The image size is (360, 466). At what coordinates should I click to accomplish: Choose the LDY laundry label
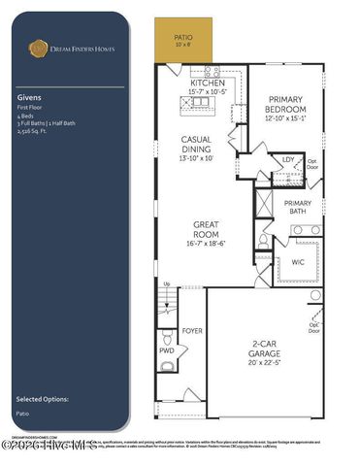pos(288,158)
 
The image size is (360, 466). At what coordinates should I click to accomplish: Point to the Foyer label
pos(192,331)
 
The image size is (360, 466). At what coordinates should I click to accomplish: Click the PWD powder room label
pos(166,350)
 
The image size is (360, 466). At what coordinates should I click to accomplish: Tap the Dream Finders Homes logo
pos(39,46)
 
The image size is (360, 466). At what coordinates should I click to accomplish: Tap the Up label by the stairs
pos(167,283)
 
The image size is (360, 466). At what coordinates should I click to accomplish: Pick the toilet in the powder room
pos(166,366)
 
